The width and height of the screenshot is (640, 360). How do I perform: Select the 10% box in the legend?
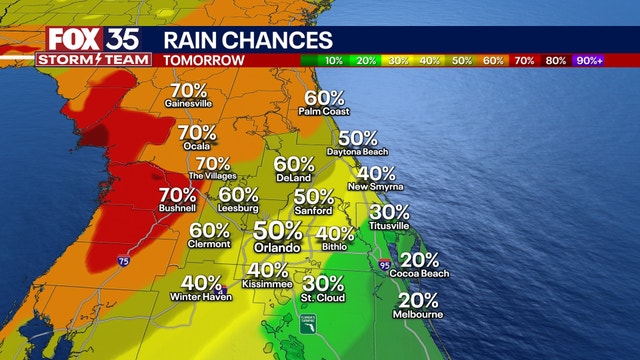334,60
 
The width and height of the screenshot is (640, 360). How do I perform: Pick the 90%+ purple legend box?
587,60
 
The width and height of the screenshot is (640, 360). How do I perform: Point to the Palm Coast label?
322,111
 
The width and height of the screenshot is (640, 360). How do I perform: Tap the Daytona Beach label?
357,151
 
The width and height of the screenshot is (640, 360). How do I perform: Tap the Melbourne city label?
419,314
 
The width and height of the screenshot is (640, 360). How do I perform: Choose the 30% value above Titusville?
389,212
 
